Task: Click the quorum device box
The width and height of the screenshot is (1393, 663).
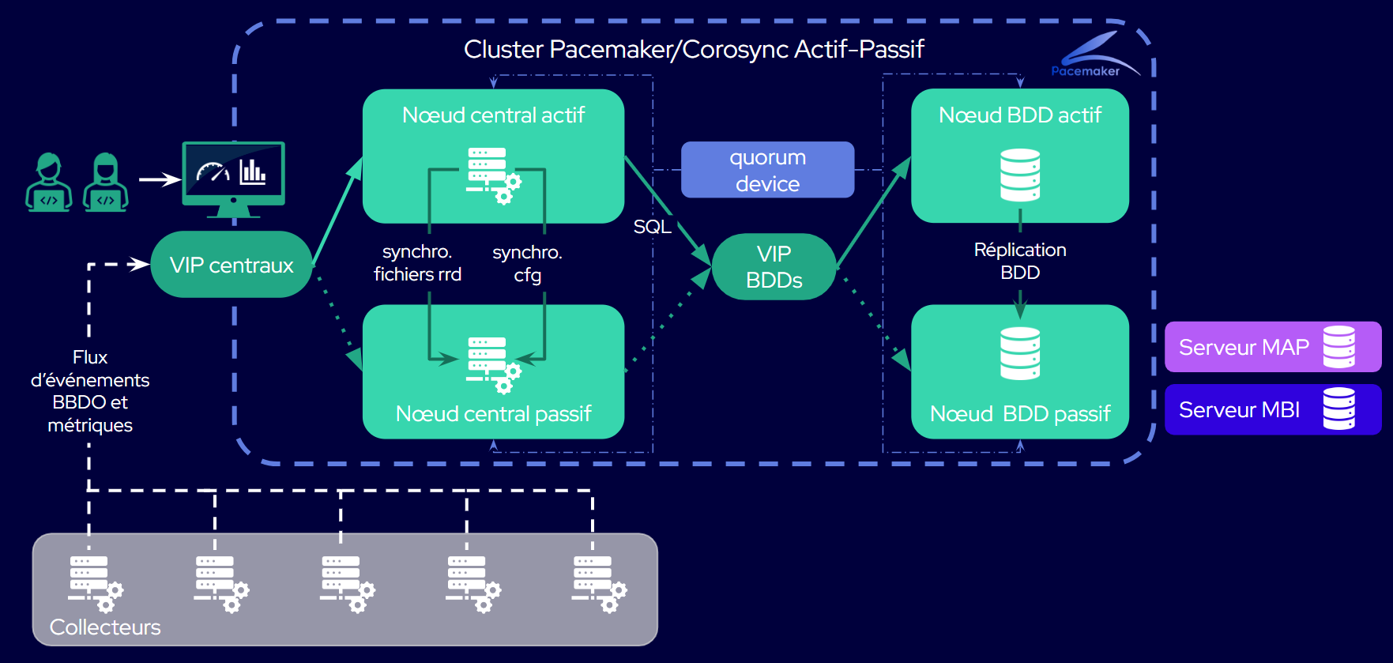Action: [767, 170]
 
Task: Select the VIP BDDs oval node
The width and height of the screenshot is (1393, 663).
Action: [774, 266]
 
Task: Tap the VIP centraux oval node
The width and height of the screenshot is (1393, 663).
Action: [231, 265]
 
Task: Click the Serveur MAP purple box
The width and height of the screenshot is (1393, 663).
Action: [1272, 347]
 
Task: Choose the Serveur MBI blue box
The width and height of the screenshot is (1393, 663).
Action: [1272, 409]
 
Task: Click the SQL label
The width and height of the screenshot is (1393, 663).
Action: [652, 227]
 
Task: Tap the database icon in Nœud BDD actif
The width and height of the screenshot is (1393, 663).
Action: [1019, 175]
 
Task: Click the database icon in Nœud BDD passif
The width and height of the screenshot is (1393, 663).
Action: [1019, 353]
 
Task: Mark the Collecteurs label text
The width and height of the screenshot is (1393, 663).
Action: [105, 627]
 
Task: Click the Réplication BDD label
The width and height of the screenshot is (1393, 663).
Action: [1019, 261]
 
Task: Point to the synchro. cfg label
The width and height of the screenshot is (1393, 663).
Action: [527, 263]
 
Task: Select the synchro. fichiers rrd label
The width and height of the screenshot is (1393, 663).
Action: [417, 263]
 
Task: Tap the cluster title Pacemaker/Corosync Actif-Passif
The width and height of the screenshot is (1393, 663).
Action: [693, 49]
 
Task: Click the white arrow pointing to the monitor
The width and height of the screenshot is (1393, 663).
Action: [160, 179]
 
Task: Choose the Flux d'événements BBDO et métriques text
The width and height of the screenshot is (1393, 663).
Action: [90, 391]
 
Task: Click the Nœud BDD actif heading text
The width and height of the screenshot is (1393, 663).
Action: [1019, 115]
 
